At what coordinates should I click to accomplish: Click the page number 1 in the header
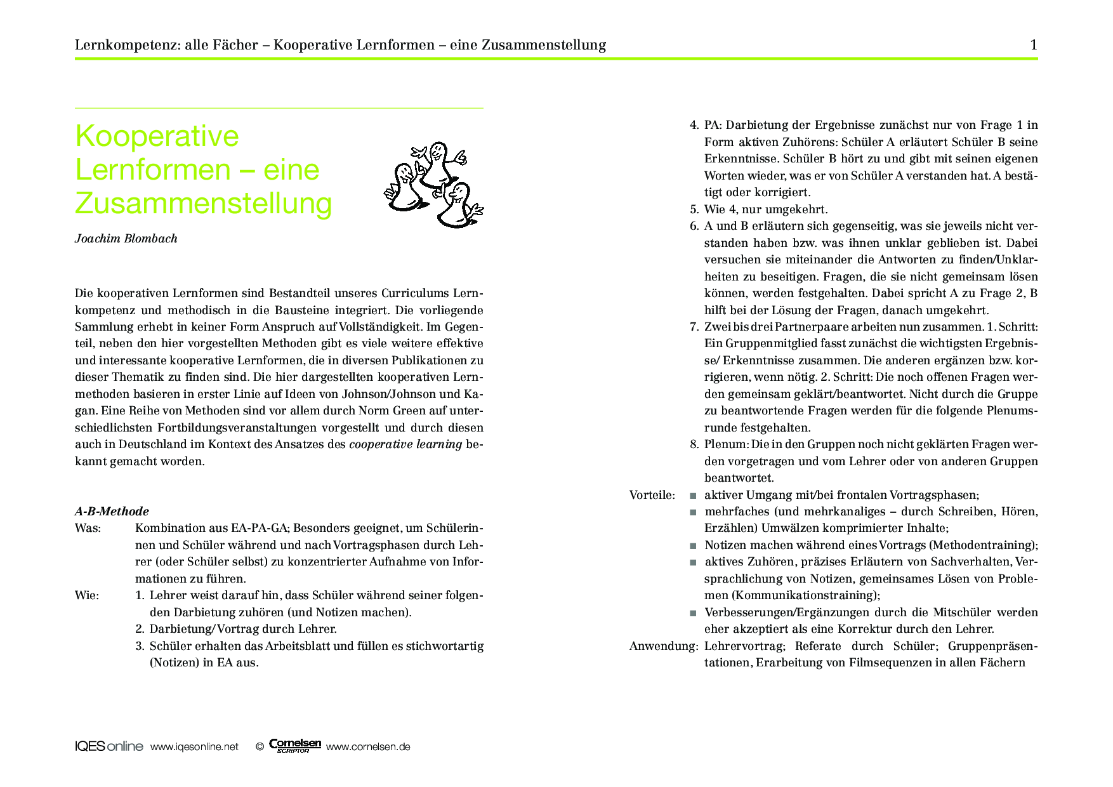click(x=1034, y=45)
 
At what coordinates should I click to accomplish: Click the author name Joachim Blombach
click(x=126, y=239)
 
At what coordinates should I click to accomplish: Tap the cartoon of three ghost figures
click(x=434, y=184)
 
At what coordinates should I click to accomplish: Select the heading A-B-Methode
click(x=112, y=512)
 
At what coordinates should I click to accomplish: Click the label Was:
click(x=88, y=528)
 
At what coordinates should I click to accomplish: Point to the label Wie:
click(x=87, y=595)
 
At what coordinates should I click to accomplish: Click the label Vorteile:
click(x=652, y=495)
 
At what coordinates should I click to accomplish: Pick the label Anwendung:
click(x=663, y=646)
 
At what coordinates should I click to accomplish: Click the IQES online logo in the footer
click(x=109, y=746)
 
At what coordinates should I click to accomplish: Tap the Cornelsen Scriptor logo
click(x=294, y=745)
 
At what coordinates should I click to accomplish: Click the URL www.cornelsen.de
click(x=368, y=747)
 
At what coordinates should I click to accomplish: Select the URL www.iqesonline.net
click(x=194, y=747)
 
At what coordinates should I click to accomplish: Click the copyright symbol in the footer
click(x=260, y=747)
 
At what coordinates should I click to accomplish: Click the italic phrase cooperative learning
click(x=405, y=444)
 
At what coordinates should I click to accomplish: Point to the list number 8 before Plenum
click(x=694, y=444)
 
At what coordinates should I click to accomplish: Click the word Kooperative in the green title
click(x=157, y=136)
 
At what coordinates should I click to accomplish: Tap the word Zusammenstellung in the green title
click(x=203, y=203)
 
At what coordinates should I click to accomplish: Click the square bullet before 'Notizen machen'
click(x=693, y=546)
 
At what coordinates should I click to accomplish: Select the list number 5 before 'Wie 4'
click(x=694, y=209)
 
